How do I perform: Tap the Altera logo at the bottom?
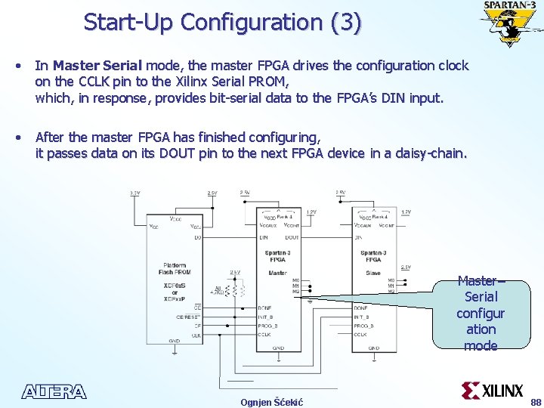[x=54, y=391]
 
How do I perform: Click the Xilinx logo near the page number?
[x=493, y=391]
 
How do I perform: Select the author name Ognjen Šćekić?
[x=272, y=401]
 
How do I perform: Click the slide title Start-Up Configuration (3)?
[x=223, y=22]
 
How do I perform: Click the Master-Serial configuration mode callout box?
[x=481, y=313]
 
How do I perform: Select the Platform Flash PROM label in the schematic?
[x=174, y=270]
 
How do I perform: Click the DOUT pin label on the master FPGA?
[x=292, y=238]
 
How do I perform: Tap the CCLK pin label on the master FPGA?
[x=264, y=333]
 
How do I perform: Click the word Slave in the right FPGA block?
[x=372, y=273]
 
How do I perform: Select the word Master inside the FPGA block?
[x=277, y=273]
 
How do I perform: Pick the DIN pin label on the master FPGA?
[x=264, y=238]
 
